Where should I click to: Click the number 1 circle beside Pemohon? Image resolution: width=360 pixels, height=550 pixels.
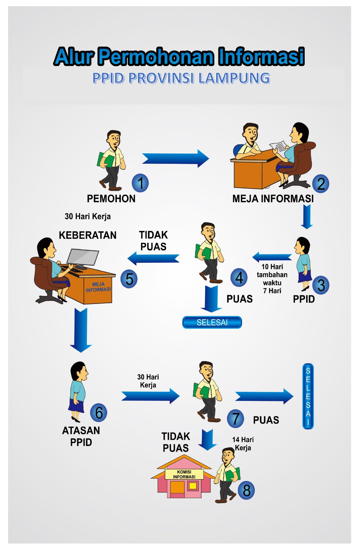[x=140, y=183]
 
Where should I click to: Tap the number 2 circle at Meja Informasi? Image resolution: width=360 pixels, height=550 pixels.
[x=321, y=184]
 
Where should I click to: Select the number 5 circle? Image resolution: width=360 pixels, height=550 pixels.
[x=129, y=279]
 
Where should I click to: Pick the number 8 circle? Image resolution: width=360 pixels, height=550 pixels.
[x=246, y=490]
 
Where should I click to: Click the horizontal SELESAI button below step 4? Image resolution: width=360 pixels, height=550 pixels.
[x=212, y=322]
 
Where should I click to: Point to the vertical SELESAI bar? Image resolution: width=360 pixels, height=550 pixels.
[x=308, y=396]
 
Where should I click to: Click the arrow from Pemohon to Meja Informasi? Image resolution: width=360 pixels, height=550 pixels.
[x=175, y=158]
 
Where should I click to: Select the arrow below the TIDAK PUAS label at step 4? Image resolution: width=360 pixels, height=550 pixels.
[x=154, y=258]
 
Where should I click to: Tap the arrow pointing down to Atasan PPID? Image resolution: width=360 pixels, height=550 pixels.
[x=81, y=330]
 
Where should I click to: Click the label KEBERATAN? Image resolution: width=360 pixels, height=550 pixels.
[x=87, y=235]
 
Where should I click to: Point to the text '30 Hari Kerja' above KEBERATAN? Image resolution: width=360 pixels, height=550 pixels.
[x=88, y=217]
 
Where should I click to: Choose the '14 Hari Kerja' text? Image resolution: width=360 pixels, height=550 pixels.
[x=243, y=443]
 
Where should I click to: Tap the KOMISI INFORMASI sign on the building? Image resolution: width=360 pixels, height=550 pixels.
[x=184, y=474]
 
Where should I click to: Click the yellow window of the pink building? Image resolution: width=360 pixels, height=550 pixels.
[x=193, y=486]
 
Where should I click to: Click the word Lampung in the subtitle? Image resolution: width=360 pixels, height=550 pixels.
[x=234, y=78]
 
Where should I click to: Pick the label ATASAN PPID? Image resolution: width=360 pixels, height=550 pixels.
[x=81, y=436]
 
